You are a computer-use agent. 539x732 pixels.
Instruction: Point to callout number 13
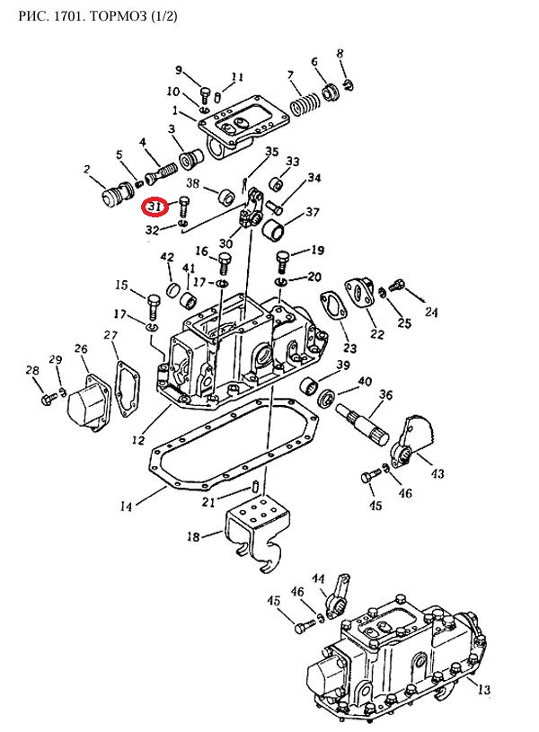pos(482,690)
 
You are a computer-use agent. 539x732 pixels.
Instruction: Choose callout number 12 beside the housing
pos(138,440)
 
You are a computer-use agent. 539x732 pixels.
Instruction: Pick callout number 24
pos(431,313)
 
